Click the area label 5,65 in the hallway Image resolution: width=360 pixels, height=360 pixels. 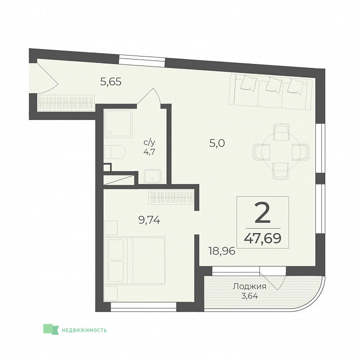111,81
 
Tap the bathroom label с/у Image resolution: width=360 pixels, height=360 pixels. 149,142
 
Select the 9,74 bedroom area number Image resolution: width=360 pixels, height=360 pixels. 149,220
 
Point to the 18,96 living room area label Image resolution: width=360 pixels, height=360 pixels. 222,251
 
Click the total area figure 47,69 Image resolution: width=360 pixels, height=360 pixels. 263,239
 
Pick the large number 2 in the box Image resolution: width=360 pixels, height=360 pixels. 263,214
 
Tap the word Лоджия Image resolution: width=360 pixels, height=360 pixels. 249,287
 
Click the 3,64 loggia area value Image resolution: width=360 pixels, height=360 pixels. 249,296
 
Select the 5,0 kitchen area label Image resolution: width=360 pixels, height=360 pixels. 217,143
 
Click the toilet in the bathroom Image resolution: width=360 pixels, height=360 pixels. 115,152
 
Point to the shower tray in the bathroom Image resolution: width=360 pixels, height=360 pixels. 118,123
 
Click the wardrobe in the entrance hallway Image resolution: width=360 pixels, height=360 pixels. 66,103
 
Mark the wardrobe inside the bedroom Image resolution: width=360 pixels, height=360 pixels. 172,197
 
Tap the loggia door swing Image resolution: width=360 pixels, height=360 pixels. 273,279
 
